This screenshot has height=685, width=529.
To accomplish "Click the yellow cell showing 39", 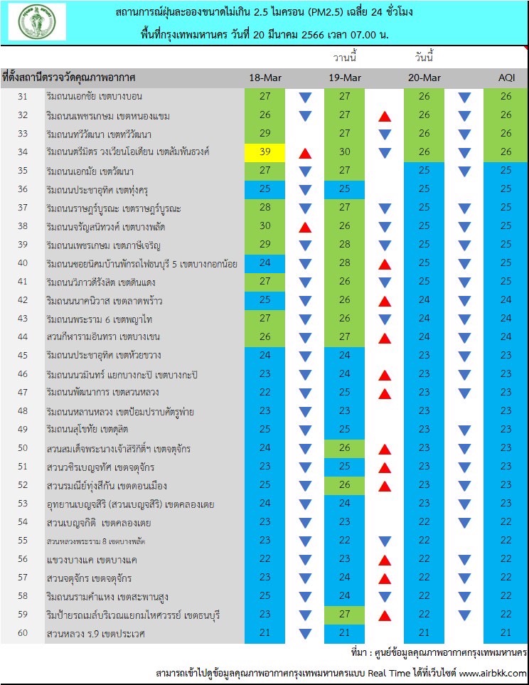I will [x=264, y=152].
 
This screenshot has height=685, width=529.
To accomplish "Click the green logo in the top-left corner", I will [x=37, y=21].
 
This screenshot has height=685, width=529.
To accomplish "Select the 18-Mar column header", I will [x=264, y=78].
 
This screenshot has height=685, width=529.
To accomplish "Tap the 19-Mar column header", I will [x=345, y=78].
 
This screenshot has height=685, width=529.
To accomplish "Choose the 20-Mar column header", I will [x=424, y=78].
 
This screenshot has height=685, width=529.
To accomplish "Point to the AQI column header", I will [x=506, y=78].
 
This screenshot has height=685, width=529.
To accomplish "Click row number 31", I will [x=22, y=97].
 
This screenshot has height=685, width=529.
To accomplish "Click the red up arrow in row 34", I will [x=304, y=153].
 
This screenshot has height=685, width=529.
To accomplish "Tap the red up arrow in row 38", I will [x=304, y=227].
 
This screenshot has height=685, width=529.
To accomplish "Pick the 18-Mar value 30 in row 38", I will [x=264, y=226].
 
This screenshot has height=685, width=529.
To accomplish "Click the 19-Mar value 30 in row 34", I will [x=345, y=152].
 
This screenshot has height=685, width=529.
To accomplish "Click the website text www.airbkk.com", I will [x=492, y=673].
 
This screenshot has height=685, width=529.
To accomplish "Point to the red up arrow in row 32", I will [x=385, y=116].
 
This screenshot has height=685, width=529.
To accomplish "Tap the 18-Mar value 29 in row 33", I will [x=264, y=134].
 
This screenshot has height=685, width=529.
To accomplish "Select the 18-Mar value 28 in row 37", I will [x=264, y=208].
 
